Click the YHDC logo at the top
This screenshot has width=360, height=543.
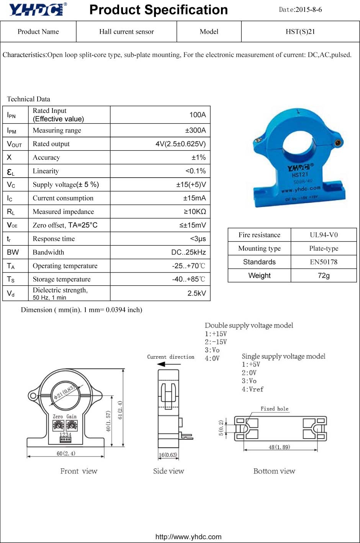[x=38, y=9]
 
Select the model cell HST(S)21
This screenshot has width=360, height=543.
[x=300, y=32]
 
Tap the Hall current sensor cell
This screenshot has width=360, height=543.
[x=126, y=32]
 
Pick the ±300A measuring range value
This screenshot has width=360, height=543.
[x=195, y=130]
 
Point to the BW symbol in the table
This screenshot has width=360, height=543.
[x=13, y=252]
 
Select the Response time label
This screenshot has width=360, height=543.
[x=54, y=239]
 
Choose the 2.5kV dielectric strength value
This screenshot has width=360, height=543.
[x=196, y=293]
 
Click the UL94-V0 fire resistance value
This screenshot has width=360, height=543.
[x=324, y=235]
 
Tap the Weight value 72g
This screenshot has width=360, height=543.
[x=324, y=276]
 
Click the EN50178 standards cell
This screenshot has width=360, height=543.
[x=324, y=262]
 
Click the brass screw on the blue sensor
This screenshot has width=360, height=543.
[x=338, y=143]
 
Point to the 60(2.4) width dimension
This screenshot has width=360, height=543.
[x=66, y=453]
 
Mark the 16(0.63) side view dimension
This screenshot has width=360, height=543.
[x=168, y=455]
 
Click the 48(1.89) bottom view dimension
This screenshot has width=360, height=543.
[x=279, y=447]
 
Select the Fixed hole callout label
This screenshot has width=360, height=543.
[x=274, y=409]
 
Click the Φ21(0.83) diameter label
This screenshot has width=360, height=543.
[x=64, y=392]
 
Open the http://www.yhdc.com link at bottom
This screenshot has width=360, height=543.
[x=188, y=537]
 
